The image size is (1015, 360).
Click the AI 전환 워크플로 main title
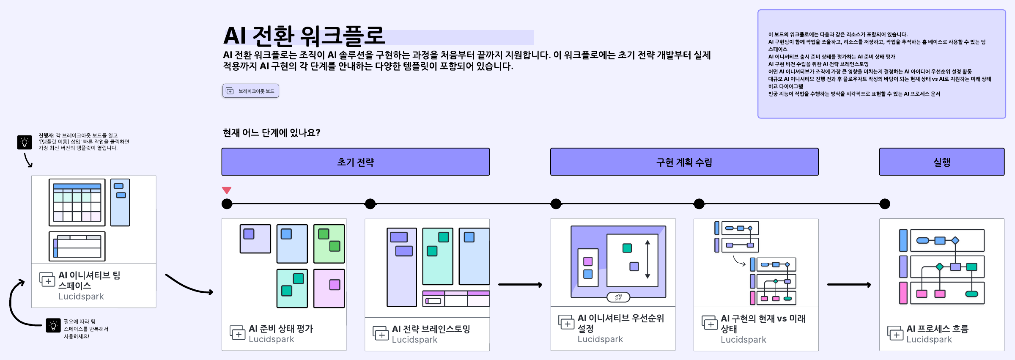304,36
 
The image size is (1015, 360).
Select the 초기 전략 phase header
355,162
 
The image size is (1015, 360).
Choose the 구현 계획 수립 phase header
684,162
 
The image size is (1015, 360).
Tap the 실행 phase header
941,162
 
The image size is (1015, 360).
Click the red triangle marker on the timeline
227,190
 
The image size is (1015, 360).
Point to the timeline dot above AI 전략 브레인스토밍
370,204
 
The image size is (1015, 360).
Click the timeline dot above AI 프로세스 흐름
885,204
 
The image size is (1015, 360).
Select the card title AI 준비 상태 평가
281,329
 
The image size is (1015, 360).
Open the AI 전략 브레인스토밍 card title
431,329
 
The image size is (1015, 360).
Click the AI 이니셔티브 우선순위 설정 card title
620,323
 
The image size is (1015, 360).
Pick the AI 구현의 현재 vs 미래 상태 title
763,324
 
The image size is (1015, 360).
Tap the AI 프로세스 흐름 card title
937,329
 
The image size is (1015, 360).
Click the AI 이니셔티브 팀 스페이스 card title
89,280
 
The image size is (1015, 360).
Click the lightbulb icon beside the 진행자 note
25,142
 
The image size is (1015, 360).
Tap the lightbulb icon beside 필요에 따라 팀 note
53,325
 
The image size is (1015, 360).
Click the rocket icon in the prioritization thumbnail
618,297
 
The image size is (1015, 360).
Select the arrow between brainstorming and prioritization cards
520,285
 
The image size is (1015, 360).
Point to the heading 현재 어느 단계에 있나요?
272,133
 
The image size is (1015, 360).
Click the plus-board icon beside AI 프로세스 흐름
894,333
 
